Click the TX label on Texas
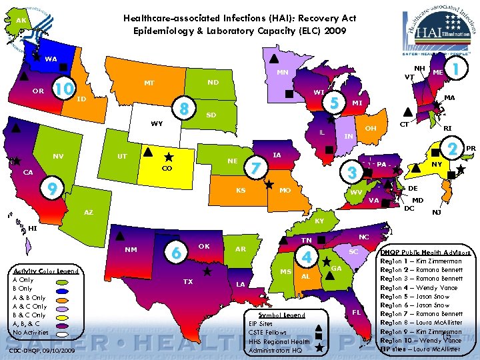189,281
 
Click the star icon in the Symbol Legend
319,348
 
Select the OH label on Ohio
371,128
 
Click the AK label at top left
21,21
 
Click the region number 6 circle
175,253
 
